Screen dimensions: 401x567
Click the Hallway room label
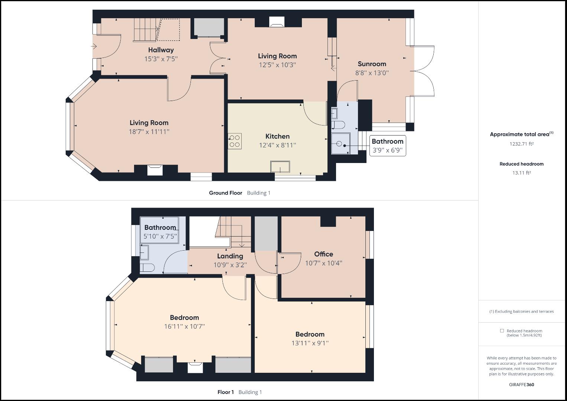[x=161, y=50]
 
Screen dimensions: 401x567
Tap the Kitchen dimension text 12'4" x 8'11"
[x=277, y=145]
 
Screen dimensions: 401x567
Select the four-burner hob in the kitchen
[x=235, y=141]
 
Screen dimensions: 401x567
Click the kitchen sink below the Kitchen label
[x=280, y=167]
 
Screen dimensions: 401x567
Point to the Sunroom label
[x=372, y=64]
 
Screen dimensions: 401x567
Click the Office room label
[x=323, y=254]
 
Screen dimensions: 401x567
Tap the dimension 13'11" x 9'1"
[x=310, y=343]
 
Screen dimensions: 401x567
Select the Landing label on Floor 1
[x=230, y=256]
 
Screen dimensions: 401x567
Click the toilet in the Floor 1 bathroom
[x=147, y=268]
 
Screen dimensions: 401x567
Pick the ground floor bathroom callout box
[x=387, y=146]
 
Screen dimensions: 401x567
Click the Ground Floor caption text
[x=225, y=193]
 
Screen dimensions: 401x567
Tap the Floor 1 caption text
[x=225, y=392]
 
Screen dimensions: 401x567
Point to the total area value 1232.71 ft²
[x=521, y=144]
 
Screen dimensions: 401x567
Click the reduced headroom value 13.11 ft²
[x=521, y=173]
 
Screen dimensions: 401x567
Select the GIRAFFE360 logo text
[x=521, y=385]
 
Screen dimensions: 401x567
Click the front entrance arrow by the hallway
[x=94, y=46]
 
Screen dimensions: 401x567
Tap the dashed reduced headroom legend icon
[x=502, y=330]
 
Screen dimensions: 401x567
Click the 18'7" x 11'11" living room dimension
[x=149, y=131]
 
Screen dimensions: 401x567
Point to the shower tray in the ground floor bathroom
[x=340, y=143]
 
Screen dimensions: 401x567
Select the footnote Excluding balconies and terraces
[x=521, y=312]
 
